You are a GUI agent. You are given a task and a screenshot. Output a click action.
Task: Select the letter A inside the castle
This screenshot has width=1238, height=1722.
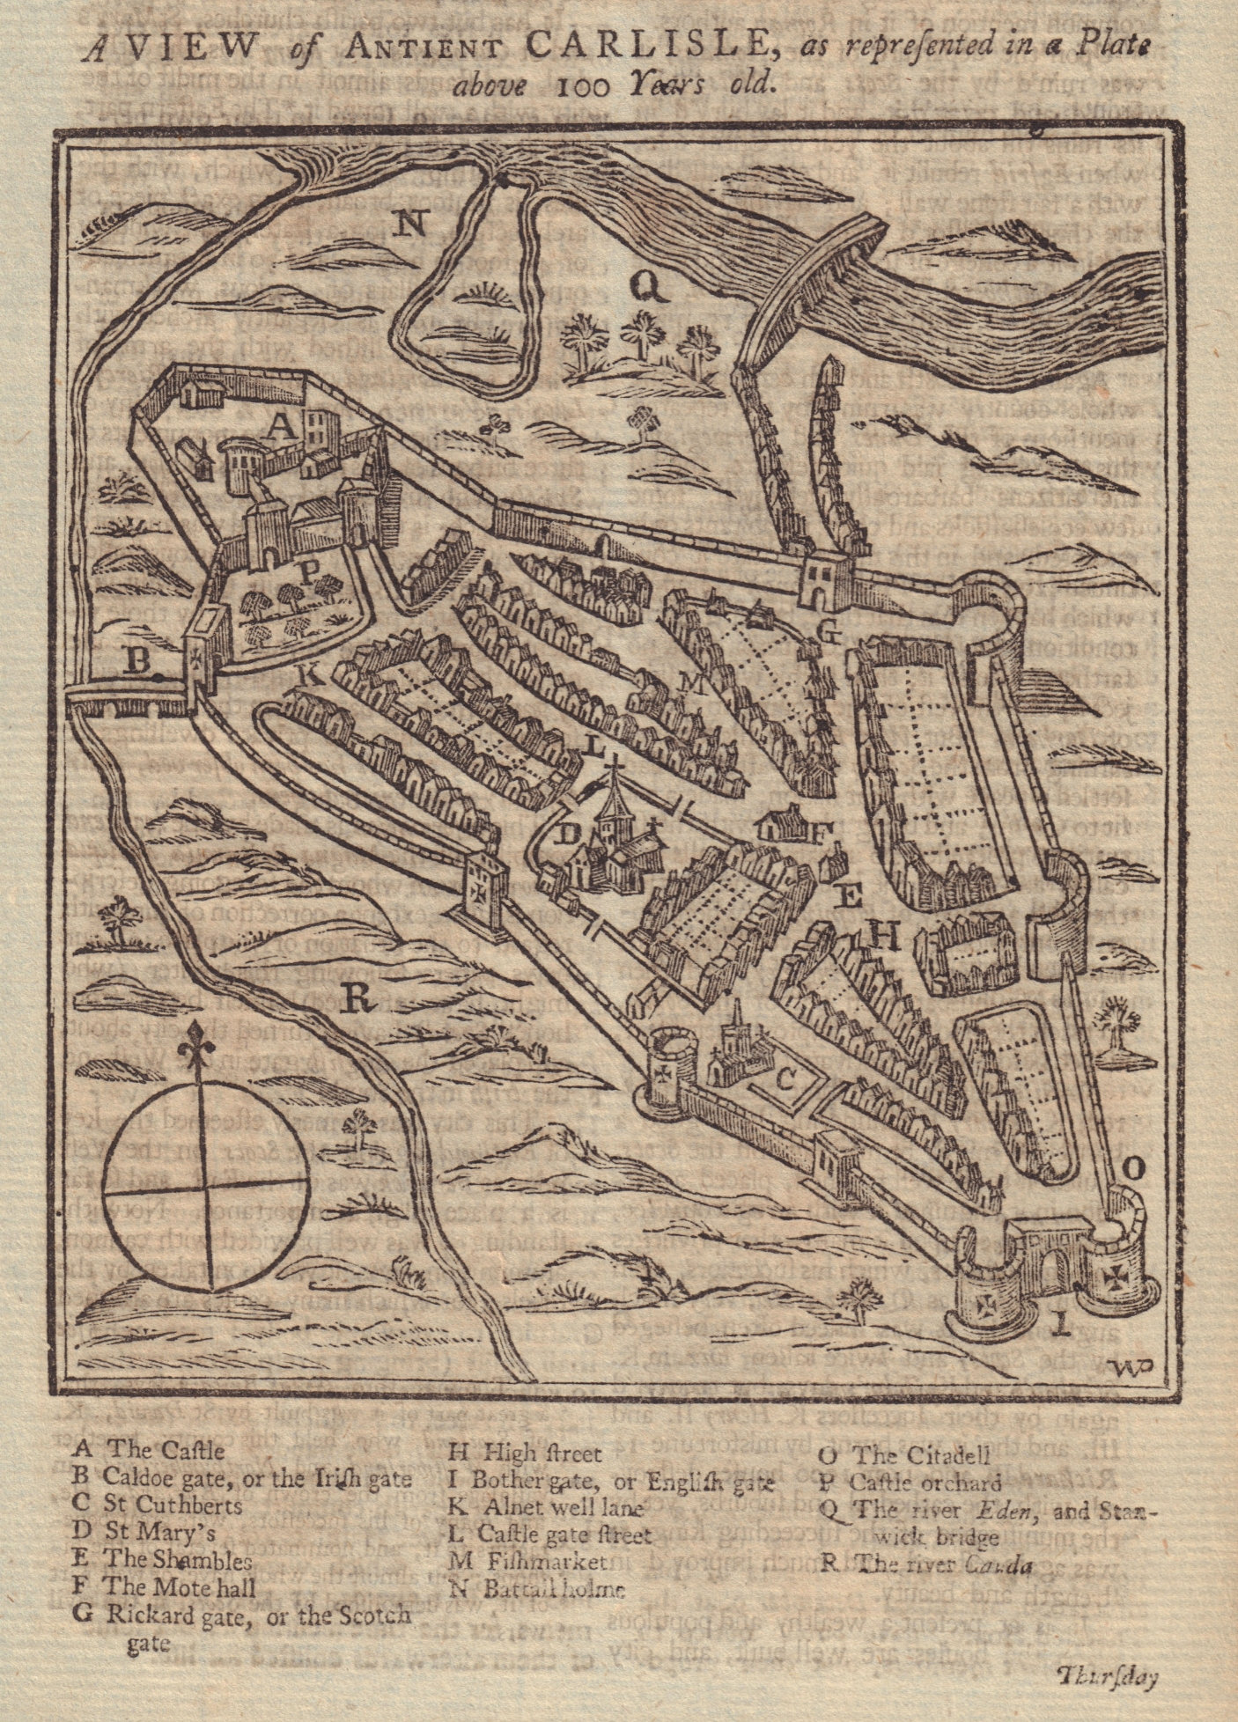tap(279, 426)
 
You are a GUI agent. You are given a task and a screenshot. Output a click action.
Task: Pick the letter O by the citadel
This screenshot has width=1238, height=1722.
tap(1135, 1169)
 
